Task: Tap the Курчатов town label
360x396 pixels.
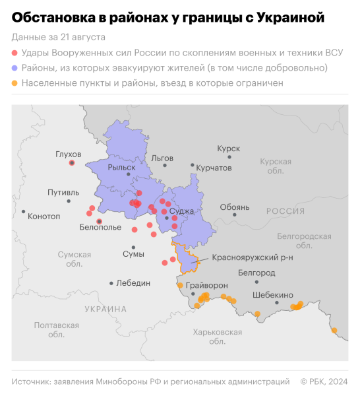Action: click(214, 168)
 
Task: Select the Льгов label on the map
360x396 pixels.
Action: click(162, 158)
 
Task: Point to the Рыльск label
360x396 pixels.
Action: click(121, 168)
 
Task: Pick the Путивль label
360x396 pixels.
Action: click(63, 193)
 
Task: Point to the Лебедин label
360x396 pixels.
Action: click(133, 282)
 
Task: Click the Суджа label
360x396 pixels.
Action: click(181, 211)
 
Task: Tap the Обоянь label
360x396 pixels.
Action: click(235, 207)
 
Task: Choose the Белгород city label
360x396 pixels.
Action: click(256, 273)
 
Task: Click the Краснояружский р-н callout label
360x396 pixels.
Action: click(253, 257)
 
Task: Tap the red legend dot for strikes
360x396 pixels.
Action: click(15, 52)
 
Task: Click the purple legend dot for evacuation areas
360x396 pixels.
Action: click(15, 68)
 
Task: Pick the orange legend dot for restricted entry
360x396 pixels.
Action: click(15, 84)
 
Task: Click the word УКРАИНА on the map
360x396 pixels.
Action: click(105, 309)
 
